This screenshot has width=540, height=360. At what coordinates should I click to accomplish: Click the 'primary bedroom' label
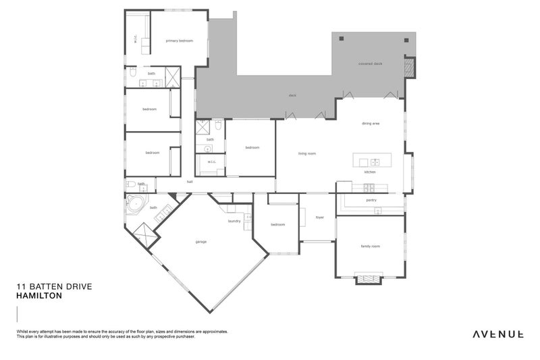pyautogui.click(x=180, y=41)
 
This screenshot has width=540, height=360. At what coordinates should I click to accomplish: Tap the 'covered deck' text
pyautogui.click(x=370, y=63)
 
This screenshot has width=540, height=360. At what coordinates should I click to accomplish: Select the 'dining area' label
pyautogui.click(x=371, y=124)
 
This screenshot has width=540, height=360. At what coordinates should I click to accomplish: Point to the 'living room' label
pyautogui.click(x=307, y=153)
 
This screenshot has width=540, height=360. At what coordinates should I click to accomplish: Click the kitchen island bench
pyautogui.click(x=371, y=162)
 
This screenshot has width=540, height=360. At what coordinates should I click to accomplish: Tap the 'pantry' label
pyautogui.click(x=371, y=200)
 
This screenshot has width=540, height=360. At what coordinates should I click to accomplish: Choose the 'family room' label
pyautogui.click(x=371, y=246)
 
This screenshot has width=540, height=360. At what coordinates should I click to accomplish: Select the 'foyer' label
pyautogui.click(x=319, y=217)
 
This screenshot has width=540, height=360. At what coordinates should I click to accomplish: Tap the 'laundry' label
pyautogui.click(x=234, y=221)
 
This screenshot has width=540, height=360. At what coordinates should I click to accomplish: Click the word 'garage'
pyautogui.click(x=201, y=241)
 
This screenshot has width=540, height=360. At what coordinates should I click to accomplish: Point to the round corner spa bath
pyautogui.click(x=137, y=203)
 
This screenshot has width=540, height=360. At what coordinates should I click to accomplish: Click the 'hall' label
pyautogui.click(x=190, y=182)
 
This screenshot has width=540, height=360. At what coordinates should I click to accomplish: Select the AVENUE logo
pyautogui.click(x=498, y=334)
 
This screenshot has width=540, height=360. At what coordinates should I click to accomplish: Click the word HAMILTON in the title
pyautogui.click(x=39, y=296)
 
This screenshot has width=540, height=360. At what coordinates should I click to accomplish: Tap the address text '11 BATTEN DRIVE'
pyautogui.click(x=53, y=286)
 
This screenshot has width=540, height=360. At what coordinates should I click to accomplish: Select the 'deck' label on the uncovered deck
pyautogui.click(x=292, y=95)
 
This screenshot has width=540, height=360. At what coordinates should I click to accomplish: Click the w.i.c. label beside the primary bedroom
pyautogui.click(x=136, y=39)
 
